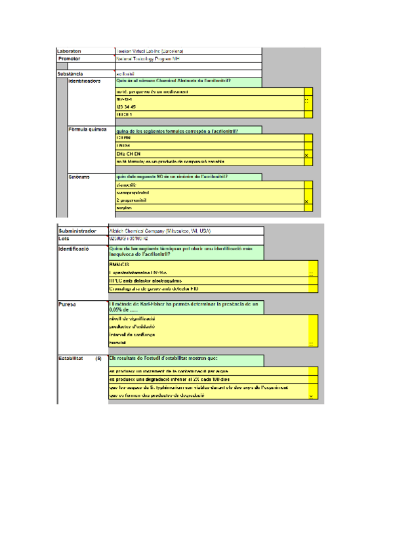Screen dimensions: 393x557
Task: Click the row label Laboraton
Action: click(x=70, y=51)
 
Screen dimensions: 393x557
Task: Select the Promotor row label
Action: click(x=70, y=58)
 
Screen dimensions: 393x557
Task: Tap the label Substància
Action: click(x=71, y=74)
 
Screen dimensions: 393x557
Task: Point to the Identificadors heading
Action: click(x=85, y=81)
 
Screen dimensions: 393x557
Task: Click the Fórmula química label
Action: click(x=87, y=129)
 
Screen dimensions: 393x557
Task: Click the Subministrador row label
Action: click(x=77, y=231)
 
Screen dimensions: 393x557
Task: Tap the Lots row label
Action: click(x=64, y=238)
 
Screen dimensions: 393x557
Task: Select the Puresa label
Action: click(x=68, y=305)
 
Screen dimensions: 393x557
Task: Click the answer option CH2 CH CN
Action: click(x=129, y=154)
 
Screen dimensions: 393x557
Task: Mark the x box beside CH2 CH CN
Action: click(x=307, y=154)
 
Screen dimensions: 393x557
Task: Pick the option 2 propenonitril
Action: click(x=131, y=200)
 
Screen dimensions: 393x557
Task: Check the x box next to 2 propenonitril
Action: click(x=307, y=201)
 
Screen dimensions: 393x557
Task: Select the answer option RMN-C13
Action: click(x=120, y=264)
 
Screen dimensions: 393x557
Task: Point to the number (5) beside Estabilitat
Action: click(x=98, y=359)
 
